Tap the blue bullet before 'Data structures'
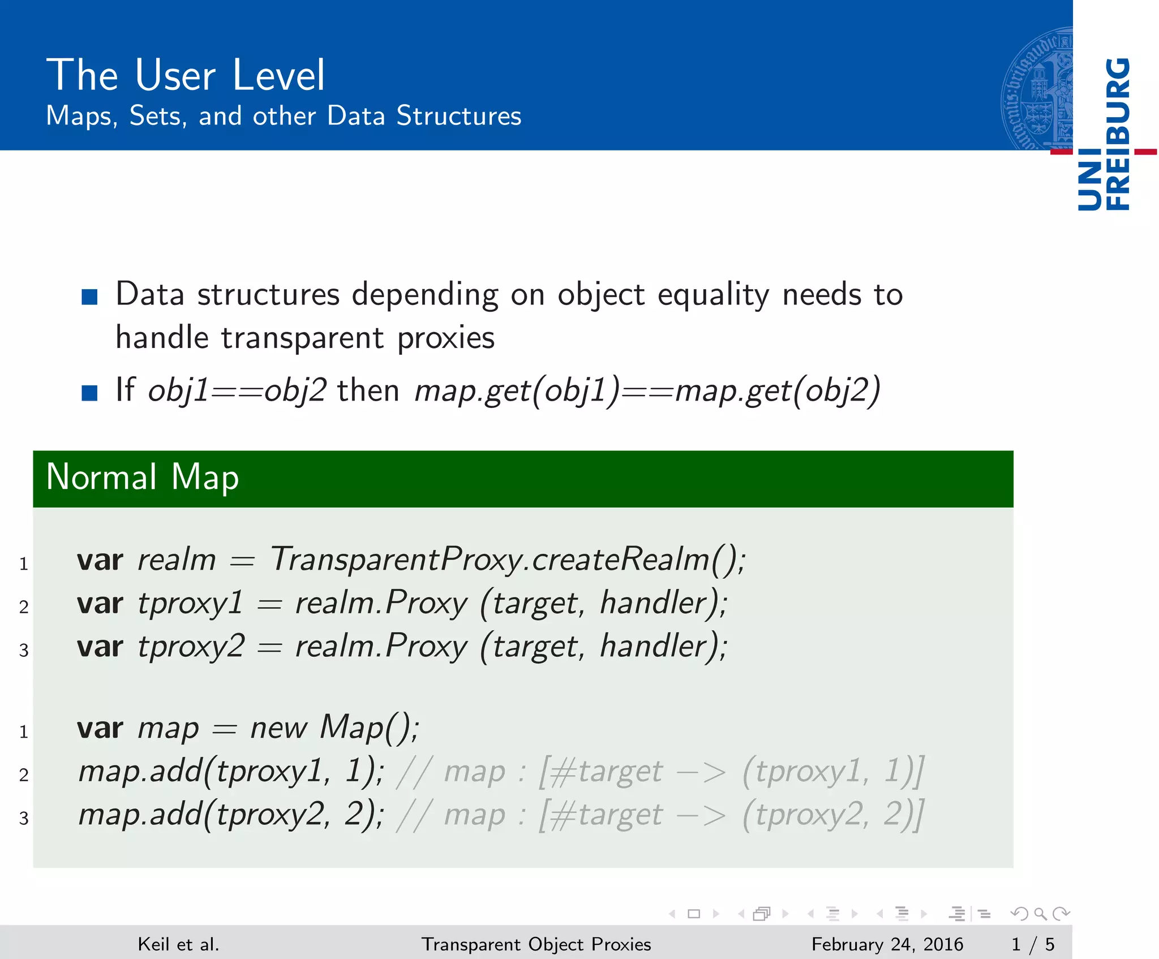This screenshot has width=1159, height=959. [89, 296]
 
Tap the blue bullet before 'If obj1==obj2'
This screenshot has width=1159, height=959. [89, 393]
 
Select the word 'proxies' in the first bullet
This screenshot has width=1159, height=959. [446, 338]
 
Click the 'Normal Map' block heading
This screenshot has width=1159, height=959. [143, 477]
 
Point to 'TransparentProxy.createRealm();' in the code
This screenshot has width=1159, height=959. [508, 560]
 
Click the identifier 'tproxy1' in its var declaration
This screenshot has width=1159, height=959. [191, 603]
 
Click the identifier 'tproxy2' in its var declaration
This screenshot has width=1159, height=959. [191, 646]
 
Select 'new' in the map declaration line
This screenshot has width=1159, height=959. [279, 728]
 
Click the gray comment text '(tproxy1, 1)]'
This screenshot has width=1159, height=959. [833, 771]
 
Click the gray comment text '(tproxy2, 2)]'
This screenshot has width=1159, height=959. [833, 815]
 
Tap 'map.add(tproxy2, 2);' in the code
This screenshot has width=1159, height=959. [231, 815]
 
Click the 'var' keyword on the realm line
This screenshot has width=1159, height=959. [100, 560]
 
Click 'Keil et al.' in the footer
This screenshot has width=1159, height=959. [178, 944]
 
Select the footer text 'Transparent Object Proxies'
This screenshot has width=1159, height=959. [536, 944]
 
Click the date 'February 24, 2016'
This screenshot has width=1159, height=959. [887, 944]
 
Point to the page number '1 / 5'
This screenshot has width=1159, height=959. [1033, 944]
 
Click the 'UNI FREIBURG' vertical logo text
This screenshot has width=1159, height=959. [1104, 134]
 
